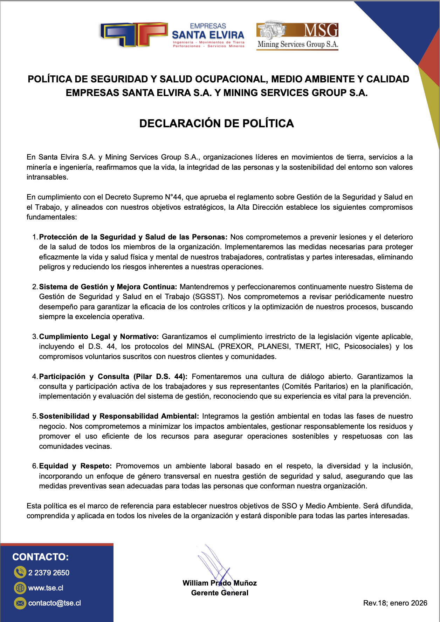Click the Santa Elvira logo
172,35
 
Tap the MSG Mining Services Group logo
297,35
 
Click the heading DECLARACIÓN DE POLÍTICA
216,123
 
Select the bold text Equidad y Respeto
75,466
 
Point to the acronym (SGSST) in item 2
208,297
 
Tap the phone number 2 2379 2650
49,573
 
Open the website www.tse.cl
46,588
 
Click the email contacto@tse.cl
54,603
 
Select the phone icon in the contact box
20,573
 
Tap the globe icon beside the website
20,588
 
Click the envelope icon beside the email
20,603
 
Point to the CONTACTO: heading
41,557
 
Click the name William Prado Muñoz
220,583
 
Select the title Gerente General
220,593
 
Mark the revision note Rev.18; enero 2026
395,603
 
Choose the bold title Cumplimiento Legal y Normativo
99,337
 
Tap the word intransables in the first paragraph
47,177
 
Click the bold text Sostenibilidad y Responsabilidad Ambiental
119,416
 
